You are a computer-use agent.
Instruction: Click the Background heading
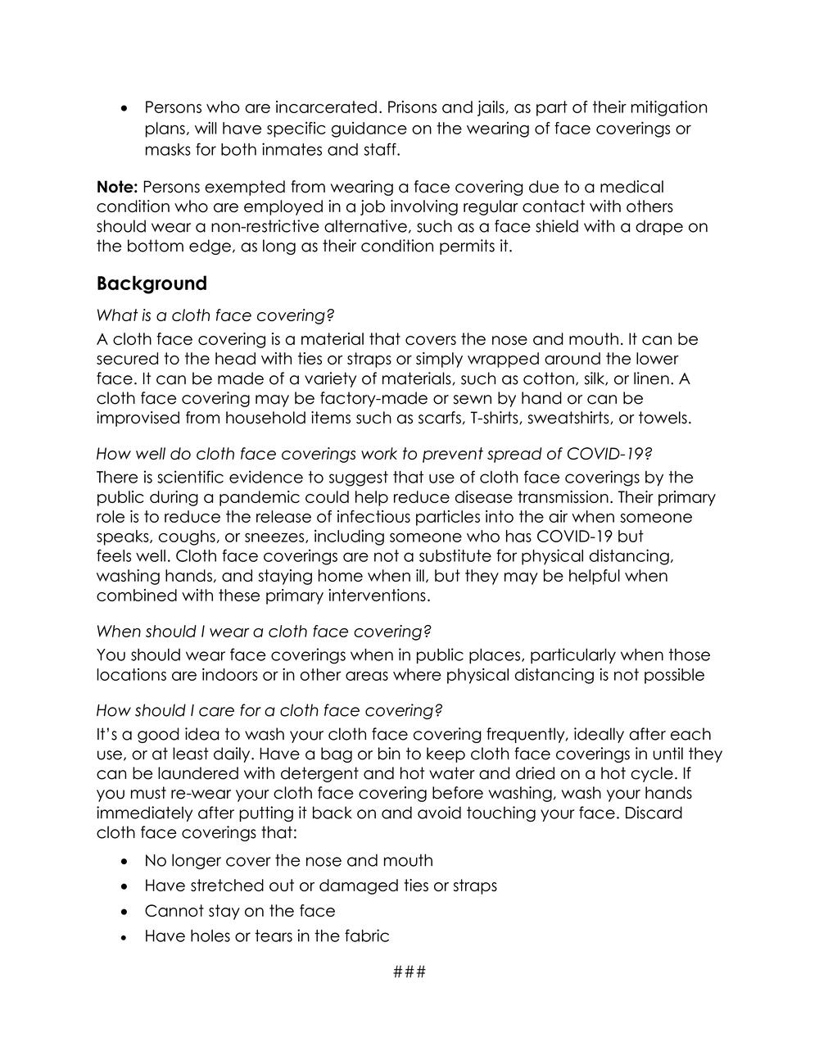[152, 284]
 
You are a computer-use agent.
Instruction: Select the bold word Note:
[117, 188]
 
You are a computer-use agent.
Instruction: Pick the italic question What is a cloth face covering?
[215, 315]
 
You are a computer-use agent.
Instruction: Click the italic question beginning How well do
[374, 454]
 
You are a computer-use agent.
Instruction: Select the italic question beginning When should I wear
[264, 632]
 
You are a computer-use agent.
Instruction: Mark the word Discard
[654, 813]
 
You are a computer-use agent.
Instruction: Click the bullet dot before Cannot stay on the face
[124, 911]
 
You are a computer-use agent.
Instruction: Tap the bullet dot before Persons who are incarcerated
[124, 107]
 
